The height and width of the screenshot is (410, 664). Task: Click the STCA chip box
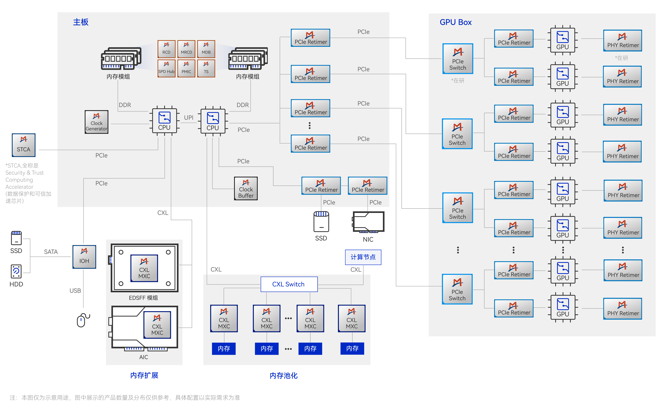(x=24, y=145)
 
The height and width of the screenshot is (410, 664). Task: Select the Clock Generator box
(x=96, y=122)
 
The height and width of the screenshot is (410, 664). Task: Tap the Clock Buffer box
(x=246, y=188)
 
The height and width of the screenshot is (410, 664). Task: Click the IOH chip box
(x=84, y=257)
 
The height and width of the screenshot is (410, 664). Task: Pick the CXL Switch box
(x=289, y=284)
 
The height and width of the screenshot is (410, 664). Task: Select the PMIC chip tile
(x=186, y=68)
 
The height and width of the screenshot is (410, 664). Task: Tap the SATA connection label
(x=51, y=252)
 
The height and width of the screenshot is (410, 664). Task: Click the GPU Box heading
(x=456, y=22)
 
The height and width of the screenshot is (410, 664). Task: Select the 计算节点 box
(x=363, y=257)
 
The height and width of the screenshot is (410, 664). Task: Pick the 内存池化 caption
(x=284, y=376)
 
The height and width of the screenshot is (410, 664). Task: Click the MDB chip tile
(x=206, y=49)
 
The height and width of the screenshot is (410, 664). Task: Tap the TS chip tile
(x=206, y=68)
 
